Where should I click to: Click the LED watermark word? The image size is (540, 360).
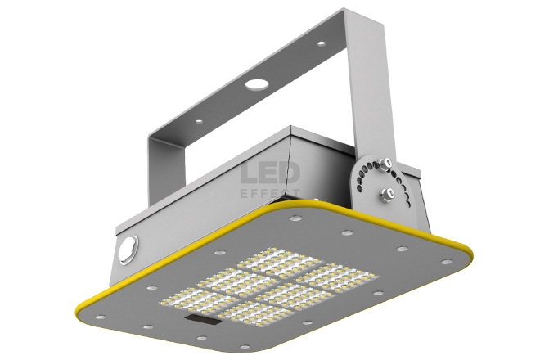[x=270, y=173]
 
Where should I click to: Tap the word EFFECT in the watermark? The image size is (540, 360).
[x=270, y=194]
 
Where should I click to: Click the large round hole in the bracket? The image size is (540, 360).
[x=257, y=83]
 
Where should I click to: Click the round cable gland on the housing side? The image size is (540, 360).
[x=128, y=250]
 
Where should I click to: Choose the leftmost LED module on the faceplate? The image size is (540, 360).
[x=199, y=299]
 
